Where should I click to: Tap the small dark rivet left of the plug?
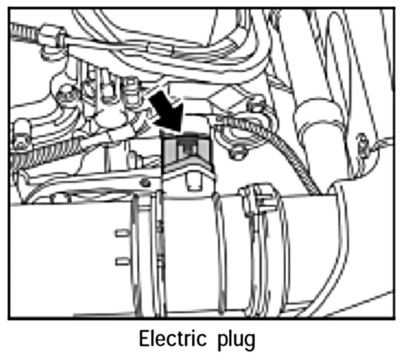coord(145,182)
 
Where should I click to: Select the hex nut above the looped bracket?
coord(255,103)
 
